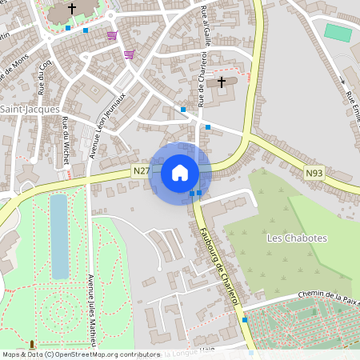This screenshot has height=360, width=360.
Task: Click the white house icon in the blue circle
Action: tap(180, 172)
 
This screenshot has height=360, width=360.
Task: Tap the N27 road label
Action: tap(141, 170)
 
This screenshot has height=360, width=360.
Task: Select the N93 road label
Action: tap(314, 171)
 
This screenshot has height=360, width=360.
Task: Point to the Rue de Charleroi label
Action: tap(202, 76)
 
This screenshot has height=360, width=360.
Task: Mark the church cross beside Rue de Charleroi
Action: tap(222, 82)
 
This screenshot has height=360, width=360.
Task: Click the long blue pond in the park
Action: tap(58, 235)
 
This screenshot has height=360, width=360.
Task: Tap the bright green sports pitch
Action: tap(338, 33)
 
